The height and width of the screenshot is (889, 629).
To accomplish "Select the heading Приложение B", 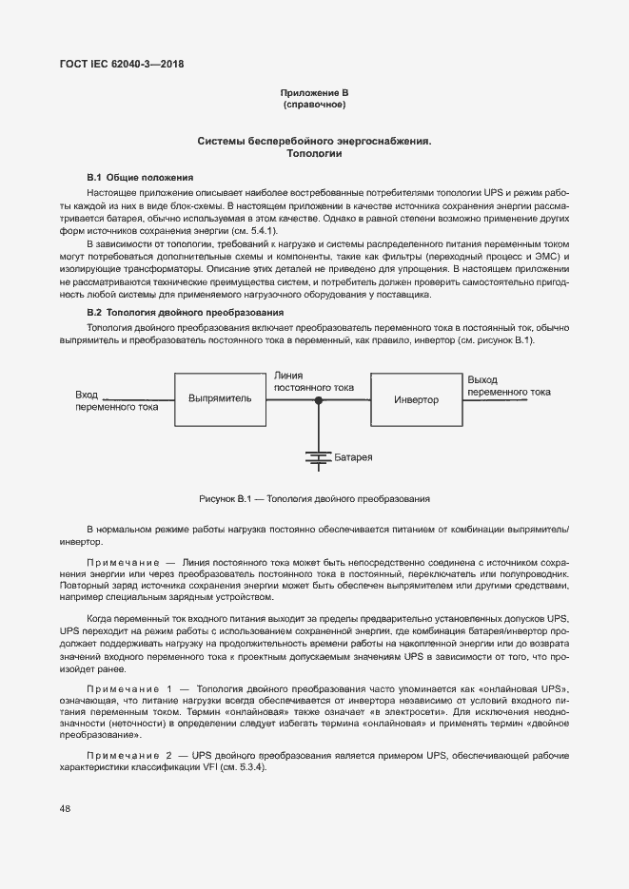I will (x=314, y=92).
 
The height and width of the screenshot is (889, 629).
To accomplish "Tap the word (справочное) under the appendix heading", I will (x=314, y=104).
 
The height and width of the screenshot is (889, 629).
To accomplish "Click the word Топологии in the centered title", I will (x=314, y=153).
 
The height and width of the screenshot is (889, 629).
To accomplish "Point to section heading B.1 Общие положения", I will (x=140, y=178).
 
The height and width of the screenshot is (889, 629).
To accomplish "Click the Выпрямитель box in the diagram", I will (x=220, y=399).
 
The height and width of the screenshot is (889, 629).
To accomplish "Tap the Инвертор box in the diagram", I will (x=416, y=400).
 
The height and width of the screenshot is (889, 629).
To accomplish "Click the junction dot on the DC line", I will (x=319, y=400).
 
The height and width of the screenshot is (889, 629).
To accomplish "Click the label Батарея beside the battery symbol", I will (x=353, y=458).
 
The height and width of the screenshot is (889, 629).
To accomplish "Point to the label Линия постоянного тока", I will (x=314, y=381).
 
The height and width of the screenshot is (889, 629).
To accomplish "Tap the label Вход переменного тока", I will (x=116, y=400).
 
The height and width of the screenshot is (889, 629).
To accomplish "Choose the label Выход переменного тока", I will (x=508, y=385).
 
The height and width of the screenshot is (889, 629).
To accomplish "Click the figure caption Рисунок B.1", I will (x=314, y=498).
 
